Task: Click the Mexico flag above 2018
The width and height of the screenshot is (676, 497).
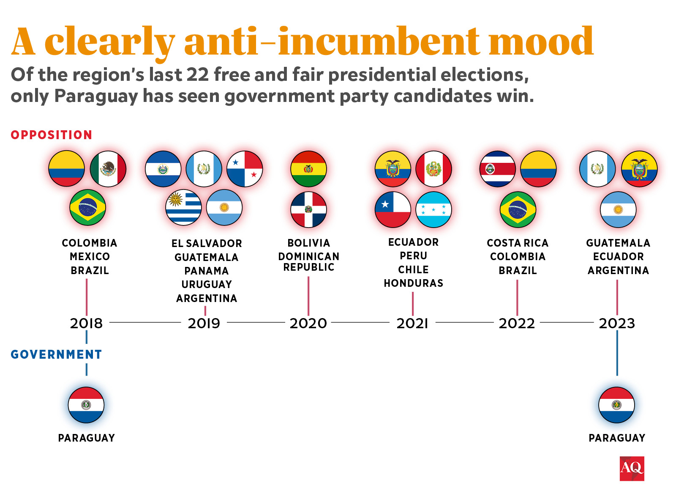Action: coord(108,169)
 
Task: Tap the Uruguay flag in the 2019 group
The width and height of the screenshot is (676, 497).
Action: coord(183,207)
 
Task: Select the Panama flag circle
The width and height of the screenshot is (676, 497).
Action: coord(245,169)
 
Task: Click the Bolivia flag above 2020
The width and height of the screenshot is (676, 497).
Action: coord(308,169)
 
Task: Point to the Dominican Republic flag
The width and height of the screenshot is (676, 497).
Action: coord(308,209)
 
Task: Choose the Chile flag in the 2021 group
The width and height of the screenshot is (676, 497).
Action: coord(393,209)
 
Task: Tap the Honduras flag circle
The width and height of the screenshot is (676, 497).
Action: coord(433,209)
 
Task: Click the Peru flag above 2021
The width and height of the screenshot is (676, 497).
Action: coord(433,169)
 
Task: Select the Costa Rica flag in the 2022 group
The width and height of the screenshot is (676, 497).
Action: coord(497,169)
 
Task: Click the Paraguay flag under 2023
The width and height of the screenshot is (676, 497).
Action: coord(616,405)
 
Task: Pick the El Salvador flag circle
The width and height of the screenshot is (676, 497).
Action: coord(163,169)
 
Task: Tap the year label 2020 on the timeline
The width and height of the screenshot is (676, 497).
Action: coord(308,323)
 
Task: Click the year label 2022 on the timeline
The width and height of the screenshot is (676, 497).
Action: coord(517,323)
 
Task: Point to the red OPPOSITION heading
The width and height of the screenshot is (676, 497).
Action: coord(51,135)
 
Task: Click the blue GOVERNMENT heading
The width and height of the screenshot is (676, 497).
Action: coord(56,354)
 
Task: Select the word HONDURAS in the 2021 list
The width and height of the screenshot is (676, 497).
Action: coord(413,283)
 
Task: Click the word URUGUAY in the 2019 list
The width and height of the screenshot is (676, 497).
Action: coord(207,284)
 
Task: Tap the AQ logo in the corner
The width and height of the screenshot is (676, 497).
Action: coord(632,468)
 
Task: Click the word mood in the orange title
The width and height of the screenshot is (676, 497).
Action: coord(541,41)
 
